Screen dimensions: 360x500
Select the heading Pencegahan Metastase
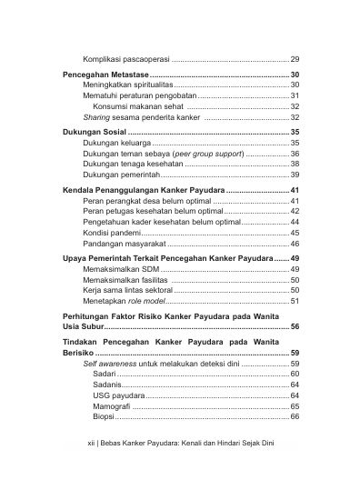point(104,75)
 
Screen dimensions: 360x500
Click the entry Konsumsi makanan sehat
point(133,106)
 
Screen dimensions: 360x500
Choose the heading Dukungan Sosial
point(94,133)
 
